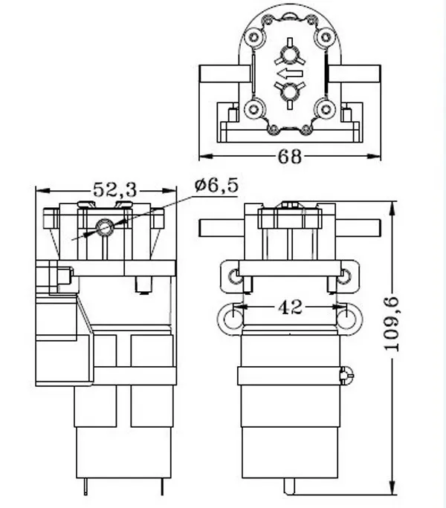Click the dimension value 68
coord(290,157)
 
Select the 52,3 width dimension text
coord(115,190)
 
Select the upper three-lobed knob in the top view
coord(288,55)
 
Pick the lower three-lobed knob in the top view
coord(288,91)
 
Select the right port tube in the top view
coord(355,74)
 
